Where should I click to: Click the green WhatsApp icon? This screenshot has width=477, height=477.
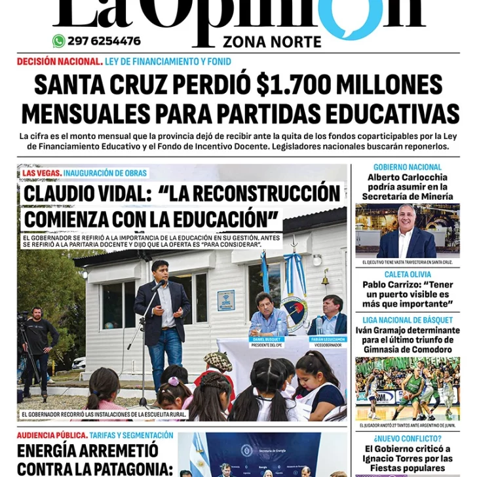[59, 41]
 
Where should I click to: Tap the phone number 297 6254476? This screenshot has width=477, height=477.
[104, 41]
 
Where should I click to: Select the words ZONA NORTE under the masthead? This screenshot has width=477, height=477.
[272, 43]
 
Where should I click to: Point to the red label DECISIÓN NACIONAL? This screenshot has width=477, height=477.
[60, 62]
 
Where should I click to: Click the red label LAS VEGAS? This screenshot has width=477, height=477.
[41, 173]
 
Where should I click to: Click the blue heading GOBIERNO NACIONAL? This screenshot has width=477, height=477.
[408, 167]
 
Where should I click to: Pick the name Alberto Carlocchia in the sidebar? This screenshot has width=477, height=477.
[408, 177]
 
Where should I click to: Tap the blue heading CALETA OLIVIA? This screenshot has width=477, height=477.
[408, 275]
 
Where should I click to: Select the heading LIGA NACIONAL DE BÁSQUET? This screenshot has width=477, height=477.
[408, 320]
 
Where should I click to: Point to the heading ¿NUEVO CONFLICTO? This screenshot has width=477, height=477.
[408, 438]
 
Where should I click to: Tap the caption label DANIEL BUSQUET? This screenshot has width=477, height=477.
[267, 339]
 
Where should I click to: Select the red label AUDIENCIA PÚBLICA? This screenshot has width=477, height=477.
[52, 435]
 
